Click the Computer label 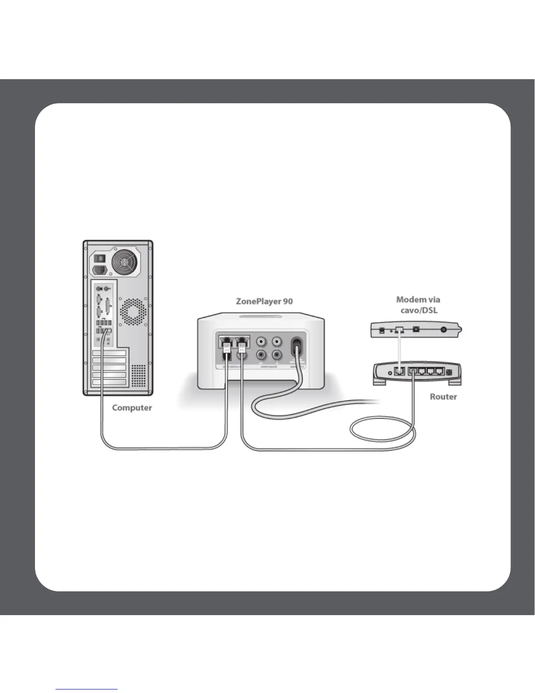pos(132,408)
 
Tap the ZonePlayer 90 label pos(264,301)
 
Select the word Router pos(443,397)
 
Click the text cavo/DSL pos(419,311)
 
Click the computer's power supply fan pos(126,262)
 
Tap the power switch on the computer pos(100,258)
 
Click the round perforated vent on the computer pos(133,312)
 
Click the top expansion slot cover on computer pos(109,353)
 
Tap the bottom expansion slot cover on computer pos(109,383)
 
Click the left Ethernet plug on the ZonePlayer pos(227,350)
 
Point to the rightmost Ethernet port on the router pos(439,372)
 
